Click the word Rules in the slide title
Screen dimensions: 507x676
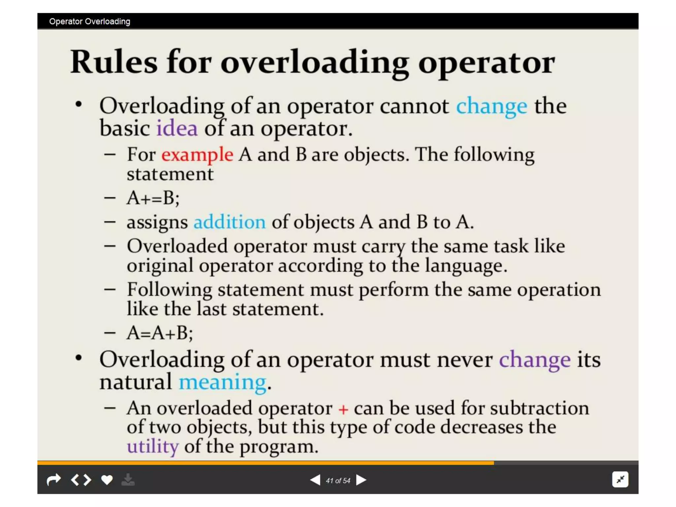[114, 62]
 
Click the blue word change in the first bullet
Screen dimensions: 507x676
[491, 106]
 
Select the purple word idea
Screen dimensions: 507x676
[177, 128]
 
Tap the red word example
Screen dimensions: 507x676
[197, 154]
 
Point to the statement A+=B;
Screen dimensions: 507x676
[153, 198]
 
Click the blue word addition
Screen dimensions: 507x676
[229, 222]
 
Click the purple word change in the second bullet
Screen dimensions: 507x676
[535, 360]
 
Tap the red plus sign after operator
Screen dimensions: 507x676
[343, 410]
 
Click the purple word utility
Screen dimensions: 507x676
[153, 446]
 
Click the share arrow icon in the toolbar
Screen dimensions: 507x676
[54, 480]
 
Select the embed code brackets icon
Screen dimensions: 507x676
[81, 480]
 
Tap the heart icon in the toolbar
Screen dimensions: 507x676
[107, 480]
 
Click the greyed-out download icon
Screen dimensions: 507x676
[128, 480]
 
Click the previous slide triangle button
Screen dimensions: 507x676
[315, 480]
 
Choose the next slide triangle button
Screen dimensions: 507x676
[361, 480]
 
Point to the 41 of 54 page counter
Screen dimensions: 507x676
[338, 481]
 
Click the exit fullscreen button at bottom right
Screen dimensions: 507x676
[620, 480]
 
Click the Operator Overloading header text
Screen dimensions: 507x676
[90, 21]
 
